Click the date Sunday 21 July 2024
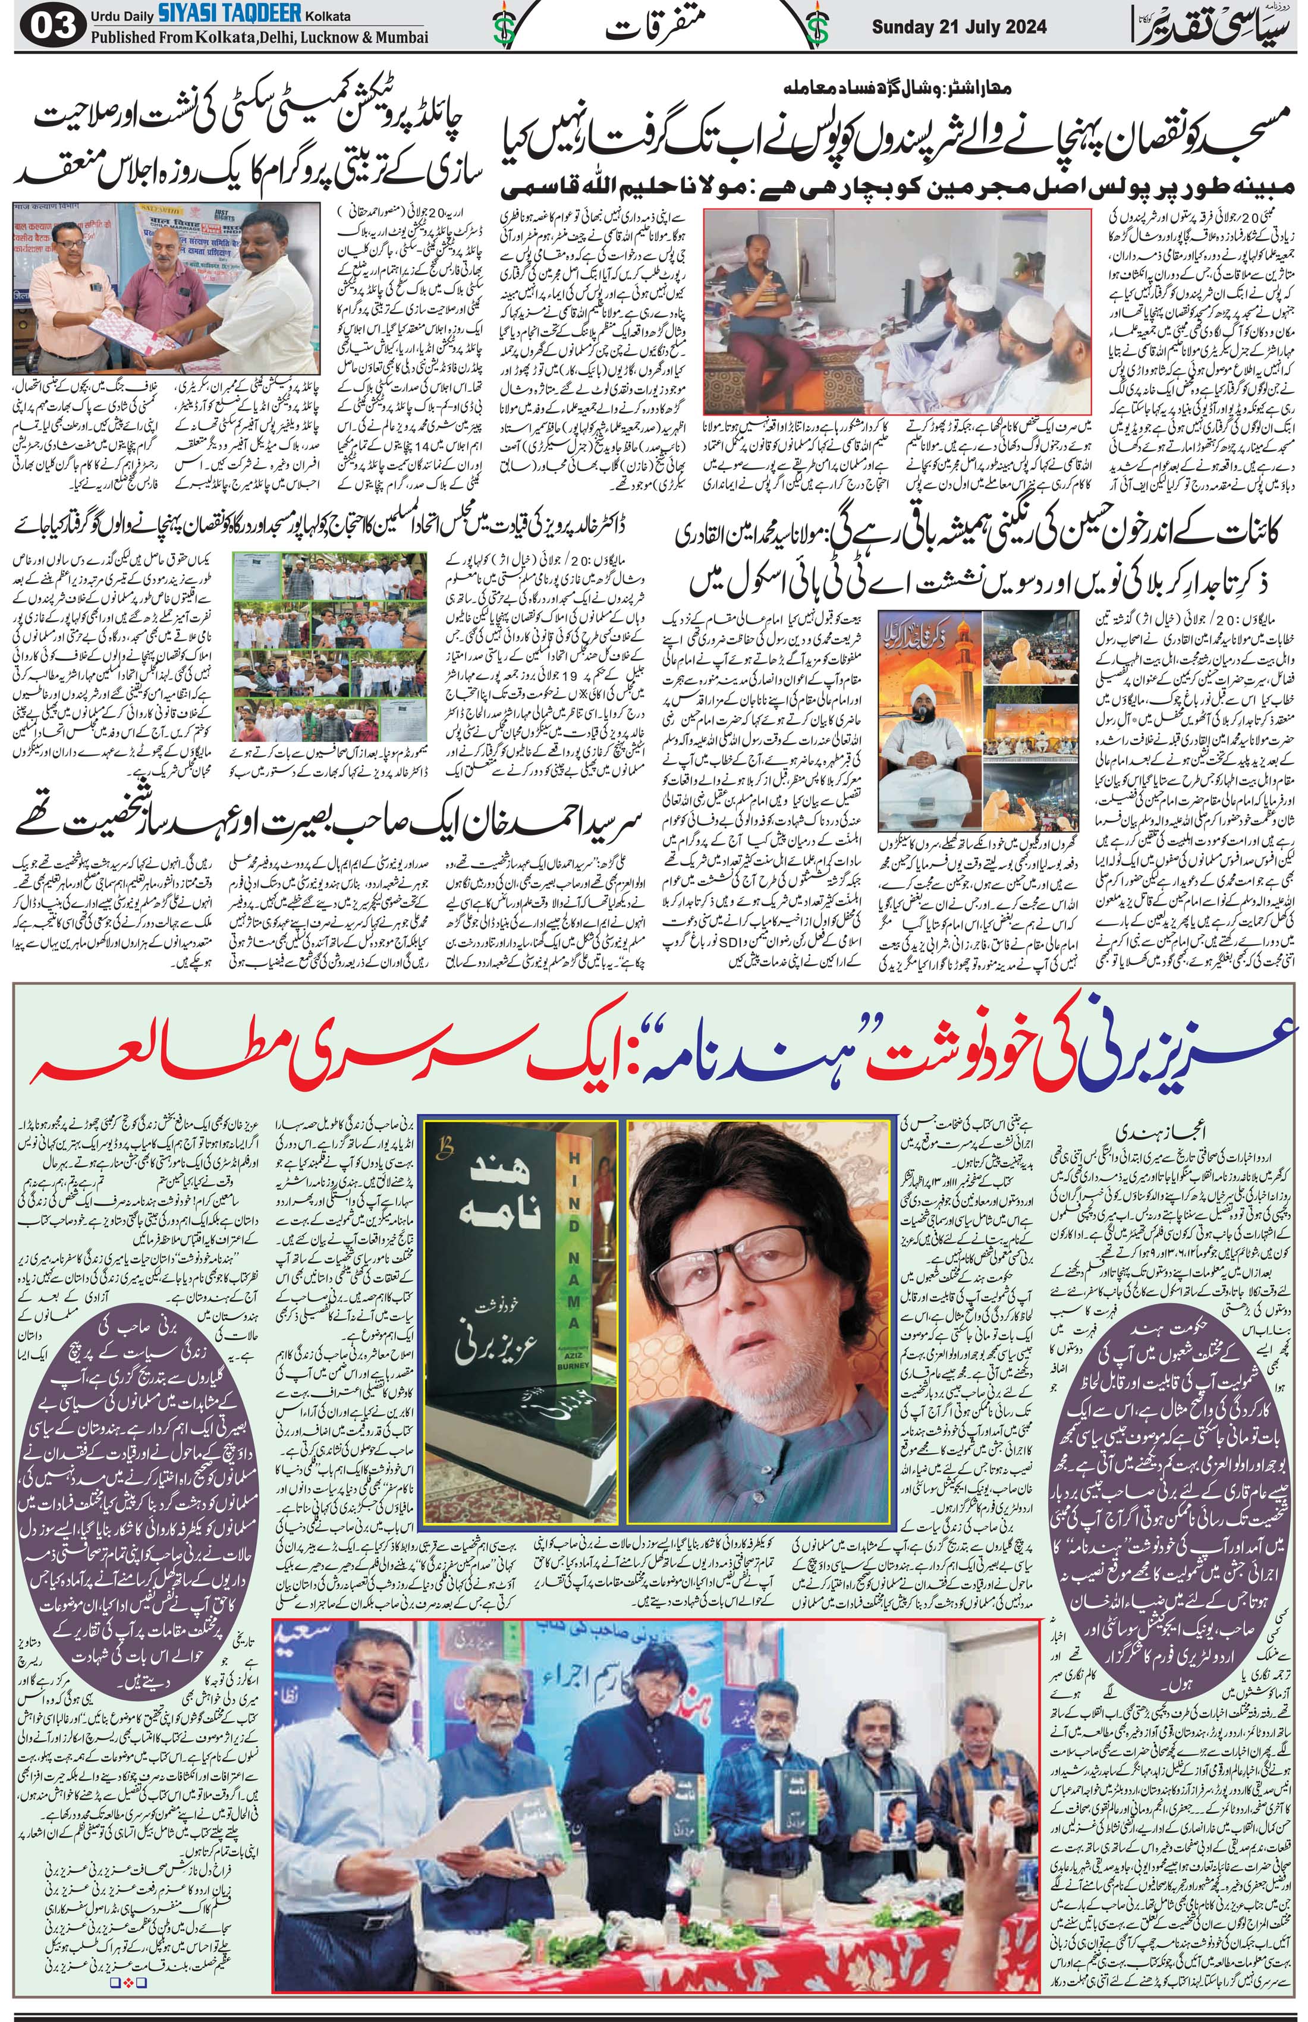949,26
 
